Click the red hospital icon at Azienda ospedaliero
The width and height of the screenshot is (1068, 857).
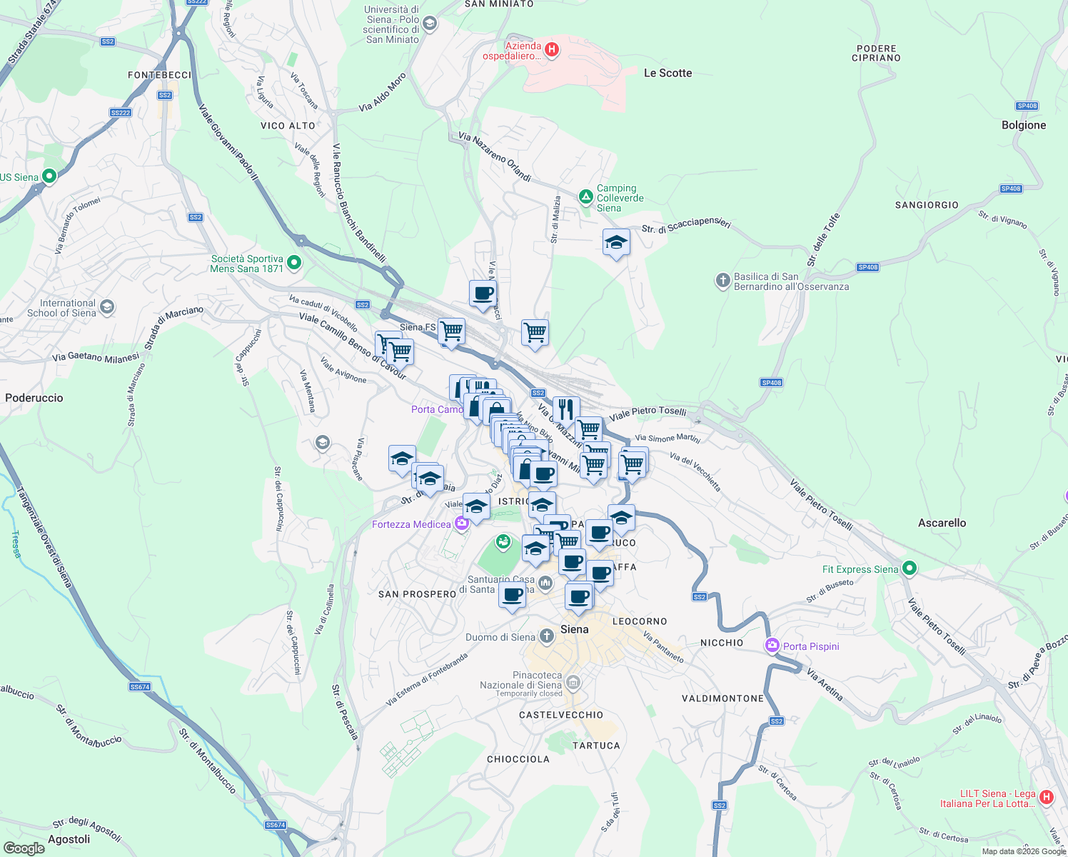coord(551,49)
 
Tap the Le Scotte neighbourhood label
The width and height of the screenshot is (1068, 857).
coord(667,73)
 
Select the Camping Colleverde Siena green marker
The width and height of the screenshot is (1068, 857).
coord(585,196)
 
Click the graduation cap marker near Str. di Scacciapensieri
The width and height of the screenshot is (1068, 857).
coord(616,243)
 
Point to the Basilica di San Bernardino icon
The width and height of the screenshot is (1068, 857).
coord(722,281)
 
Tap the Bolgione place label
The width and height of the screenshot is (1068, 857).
coord(1023,125)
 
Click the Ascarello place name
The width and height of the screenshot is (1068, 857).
coord(942,523)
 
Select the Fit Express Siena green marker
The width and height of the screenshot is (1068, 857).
coord(909,568)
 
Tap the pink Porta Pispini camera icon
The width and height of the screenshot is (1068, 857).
coord(772,646)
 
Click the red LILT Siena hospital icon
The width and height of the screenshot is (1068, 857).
coord(1046,796)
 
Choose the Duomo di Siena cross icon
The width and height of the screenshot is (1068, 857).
coord(546,636)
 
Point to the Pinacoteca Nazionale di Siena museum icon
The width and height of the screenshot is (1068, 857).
coord(573,683)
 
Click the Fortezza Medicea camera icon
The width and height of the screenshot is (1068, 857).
coord(461,524)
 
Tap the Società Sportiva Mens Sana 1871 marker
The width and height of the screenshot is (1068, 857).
coord(293,263)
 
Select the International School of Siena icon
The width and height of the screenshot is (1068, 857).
coord(106,307)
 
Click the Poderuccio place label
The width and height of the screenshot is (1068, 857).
coord(34,398)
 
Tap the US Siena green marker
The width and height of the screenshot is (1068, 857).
coord(49,176)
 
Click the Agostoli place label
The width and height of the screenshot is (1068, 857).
coord(69,839)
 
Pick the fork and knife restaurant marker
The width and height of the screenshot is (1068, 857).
coord(565,409)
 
